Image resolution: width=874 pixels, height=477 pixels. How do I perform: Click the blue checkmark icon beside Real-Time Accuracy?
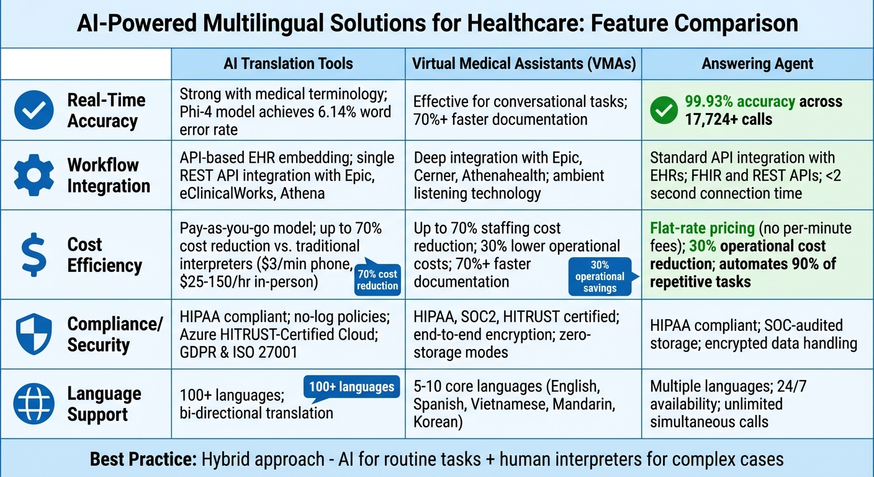(x=34, y=110)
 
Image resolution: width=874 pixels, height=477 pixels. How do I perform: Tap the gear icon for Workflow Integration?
(x=34, y=175)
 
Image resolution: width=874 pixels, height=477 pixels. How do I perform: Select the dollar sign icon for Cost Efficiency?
(x=34, y=255)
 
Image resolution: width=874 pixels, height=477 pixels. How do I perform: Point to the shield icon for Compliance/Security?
(x=34, y=334)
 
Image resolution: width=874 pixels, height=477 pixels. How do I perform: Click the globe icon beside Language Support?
(x=34, y=404)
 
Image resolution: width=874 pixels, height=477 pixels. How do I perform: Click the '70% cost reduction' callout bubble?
(x=377, y=279)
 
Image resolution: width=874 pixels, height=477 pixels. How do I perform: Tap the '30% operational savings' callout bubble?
(x=599, y=276)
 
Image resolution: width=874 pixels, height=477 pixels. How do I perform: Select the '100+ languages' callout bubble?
(x=351, y=386)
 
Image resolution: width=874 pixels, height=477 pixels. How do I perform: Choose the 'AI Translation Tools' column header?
(x=288, y=63)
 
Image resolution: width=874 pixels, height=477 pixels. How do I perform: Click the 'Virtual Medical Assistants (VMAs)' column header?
(x=523, y=63)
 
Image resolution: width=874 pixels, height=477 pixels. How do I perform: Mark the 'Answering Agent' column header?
(x=757, y=63)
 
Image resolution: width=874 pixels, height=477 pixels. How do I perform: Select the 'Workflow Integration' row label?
(x=109, y=175)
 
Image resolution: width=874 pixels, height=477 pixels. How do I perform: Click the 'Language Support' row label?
(x=104, y=404)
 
